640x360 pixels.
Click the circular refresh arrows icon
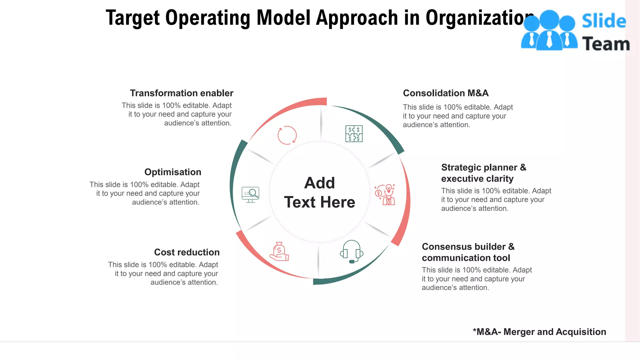click(287, 135)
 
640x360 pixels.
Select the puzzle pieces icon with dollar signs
click(354, 134)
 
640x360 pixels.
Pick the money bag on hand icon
click(279, 252)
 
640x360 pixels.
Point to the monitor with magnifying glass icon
click(250, 194)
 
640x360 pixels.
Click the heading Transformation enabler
click(182, 93)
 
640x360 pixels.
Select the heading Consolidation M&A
click(446, 93)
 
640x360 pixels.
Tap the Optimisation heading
click(173, 172)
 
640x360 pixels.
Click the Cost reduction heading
click(187, 252)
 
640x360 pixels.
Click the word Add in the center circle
click(319, 183)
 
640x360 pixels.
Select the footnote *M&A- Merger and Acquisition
click(539, 332)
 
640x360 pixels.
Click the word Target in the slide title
click(133, 18)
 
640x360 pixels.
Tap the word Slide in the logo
click(604, 21)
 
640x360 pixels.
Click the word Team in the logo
click(606, 44)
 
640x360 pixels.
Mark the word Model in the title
click(283, 18)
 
